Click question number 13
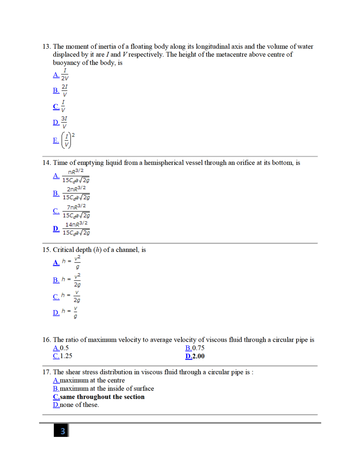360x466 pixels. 46,47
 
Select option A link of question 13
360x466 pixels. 56,75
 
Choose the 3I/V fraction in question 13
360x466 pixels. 64,122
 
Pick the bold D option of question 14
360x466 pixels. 56,228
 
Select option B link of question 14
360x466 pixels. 56,193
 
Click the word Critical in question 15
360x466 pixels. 64,250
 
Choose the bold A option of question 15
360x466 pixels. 56,262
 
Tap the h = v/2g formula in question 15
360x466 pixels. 71,296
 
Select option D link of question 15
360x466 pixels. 56,312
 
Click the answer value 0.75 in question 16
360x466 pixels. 198,348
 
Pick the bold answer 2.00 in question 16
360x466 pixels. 198,356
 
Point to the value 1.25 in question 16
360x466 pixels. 66,356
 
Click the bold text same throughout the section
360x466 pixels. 102,397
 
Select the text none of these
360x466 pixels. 79,405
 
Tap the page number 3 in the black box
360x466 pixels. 62,431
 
